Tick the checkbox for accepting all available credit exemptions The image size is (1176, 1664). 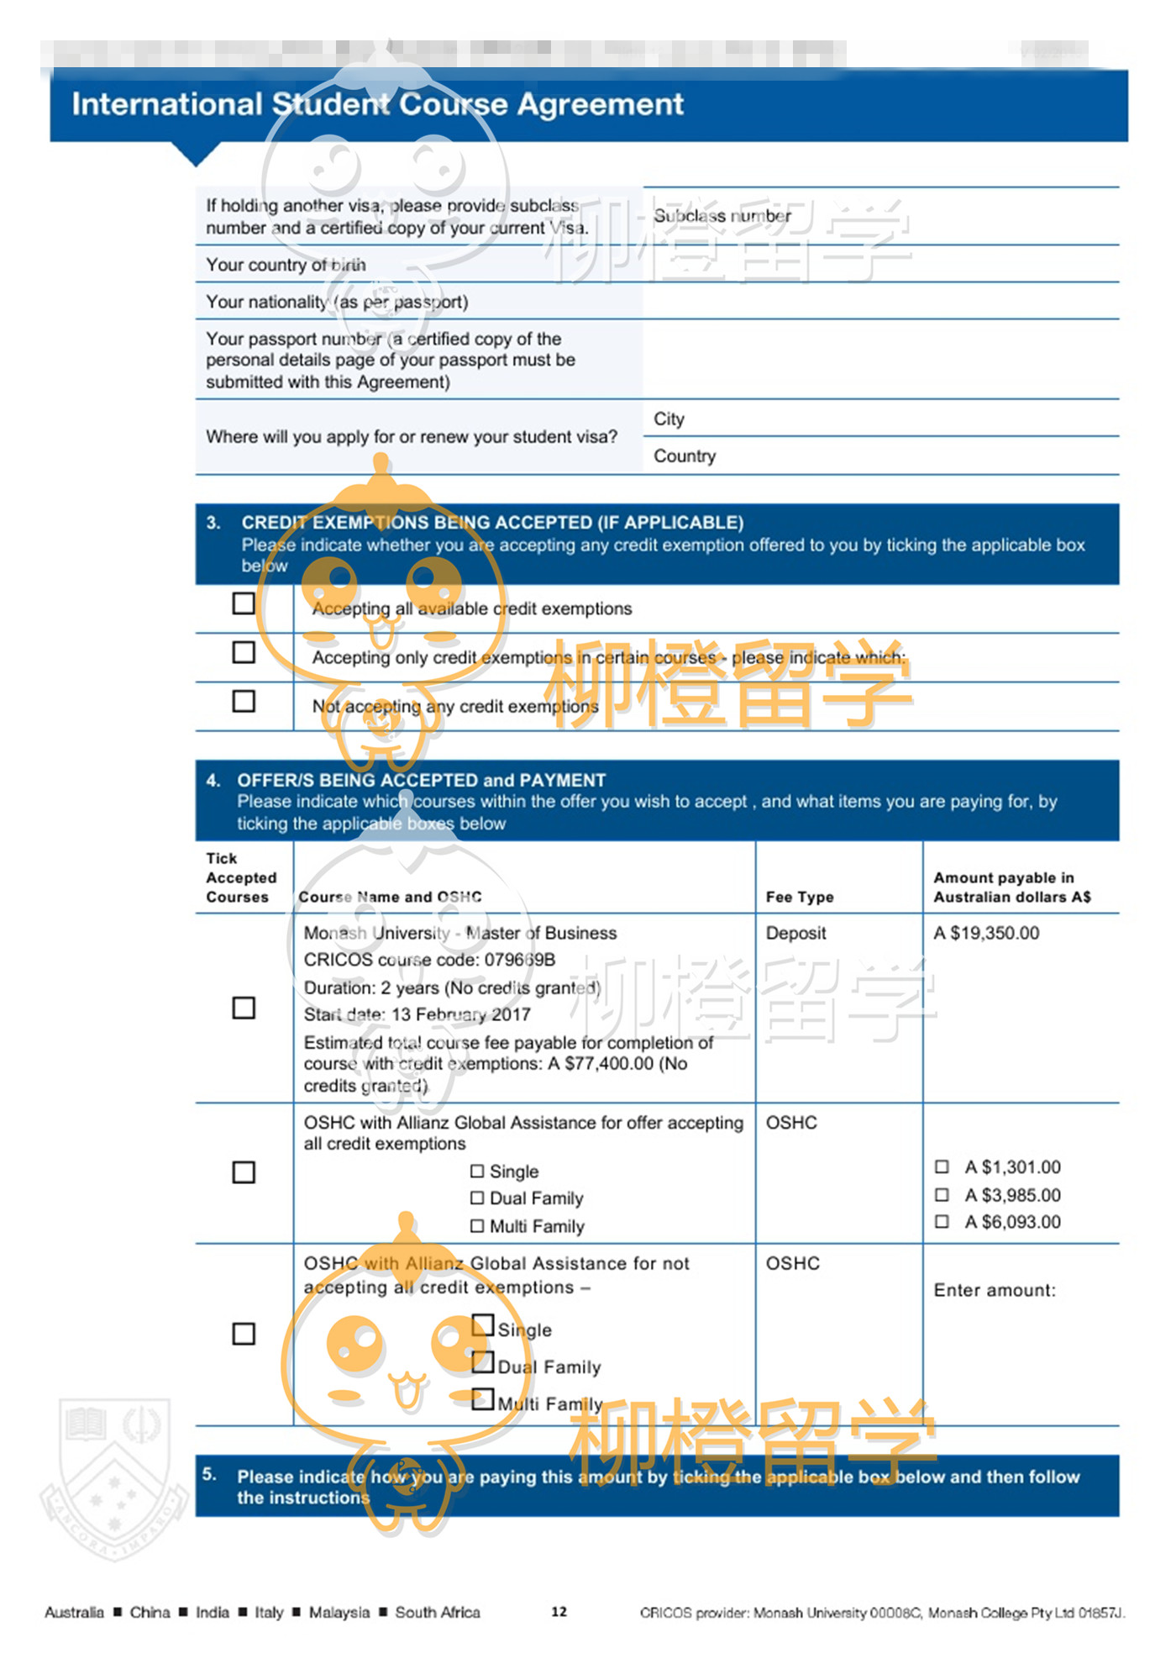click(244, 603)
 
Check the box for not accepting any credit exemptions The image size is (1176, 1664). click(244, 701)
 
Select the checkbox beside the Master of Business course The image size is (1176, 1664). click(244, 1008)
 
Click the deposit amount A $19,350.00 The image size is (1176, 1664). click(986, 933)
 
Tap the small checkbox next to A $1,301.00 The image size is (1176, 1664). click(942, 1166)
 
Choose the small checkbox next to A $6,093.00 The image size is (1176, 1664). click(942, 1221)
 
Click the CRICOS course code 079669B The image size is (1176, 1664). click(519, 960)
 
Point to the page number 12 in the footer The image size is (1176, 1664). click(559, 1611)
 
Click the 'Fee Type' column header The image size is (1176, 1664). click(799, 897)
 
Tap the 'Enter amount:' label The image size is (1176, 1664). click(995, 1290)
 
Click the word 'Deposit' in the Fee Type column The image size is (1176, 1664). click(795, 933)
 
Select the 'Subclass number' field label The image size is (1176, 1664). click(722, 216)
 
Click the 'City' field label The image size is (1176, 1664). click(669, 419)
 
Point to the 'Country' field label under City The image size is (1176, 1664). click(685, 455)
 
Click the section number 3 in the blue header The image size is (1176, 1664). click(213, 522)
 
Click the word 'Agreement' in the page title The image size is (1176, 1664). click(600, 104)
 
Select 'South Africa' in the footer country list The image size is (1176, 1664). click(438, 1612)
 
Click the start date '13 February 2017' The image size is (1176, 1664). click(461, 1014)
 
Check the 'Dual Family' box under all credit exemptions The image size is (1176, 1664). click(477, 1198)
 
